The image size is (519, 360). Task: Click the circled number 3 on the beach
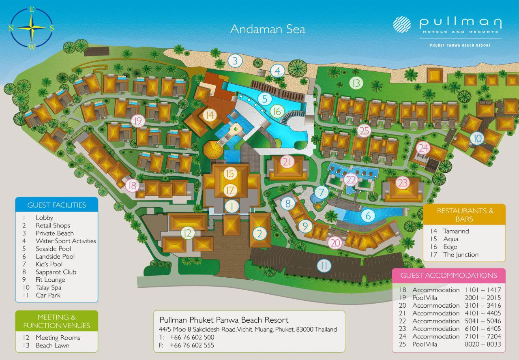[x=235, y=61]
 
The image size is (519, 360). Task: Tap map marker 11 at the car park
[x=324, y=266]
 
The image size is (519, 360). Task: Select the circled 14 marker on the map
[x=209, y=115]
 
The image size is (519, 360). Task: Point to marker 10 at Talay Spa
[x=478, y=139]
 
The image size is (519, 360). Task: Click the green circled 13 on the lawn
[x=356, y=84]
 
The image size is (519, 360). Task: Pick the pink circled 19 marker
[x=138, y=121]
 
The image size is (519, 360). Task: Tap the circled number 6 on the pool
[x=368, y=216]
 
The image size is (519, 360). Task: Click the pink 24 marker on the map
[x=423, y=148]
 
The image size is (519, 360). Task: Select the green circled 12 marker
[x=187, y=233]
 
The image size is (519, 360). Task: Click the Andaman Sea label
[x=268, y=29]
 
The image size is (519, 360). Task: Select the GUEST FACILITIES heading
[x=57, y=205]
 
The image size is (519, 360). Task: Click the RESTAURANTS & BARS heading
[x=465, y=215]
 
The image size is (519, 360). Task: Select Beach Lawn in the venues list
[x=52, y=345]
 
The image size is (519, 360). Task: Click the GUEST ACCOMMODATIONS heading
[x=449, y=275]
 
